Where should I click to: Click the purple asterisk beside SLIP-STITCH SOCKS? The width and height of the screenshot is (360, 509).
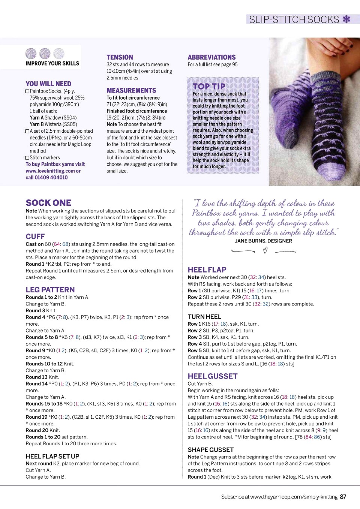346,19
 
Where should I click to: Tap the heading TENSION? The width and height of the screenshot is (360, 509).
120,57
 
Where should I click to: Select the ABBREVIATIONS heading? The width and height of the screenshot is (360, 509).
211,57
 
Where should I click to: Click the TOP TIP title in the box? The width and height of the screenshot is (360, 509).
209,86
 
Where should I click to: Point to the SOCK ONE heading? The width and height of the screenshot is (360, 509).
48,203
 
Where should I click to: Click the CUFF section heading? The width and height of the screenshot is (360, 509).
35,237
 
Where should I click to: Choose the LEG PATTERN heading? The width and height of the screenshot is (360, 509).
50,290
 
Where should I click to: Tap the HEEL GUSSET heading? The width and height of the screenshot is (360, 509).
213,376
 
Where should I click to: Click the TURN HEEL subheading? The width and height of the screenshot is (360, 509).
204,317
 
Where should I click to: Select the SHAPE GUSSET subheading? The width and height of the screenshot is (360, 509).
210,450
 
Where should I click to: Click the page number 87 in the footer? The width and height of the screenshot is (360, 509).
343,497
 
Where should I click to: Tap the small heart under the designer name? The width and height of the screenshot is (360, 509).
265,251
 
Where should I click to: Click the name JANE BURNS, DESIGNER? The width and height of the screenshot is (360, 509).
263,241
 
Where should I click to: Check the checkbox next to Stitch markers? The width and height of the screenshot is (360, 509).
27,158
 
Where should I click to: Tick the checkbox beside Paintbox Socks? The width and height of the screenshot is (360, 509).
27,91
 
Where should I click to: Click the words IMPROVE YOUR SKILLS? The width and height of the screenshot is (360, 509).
52,64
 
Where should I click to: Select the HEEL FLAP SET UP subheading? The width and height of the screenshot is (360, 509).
52,457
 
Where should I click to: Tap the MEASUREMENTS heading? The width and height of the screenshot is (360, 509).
131,91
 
